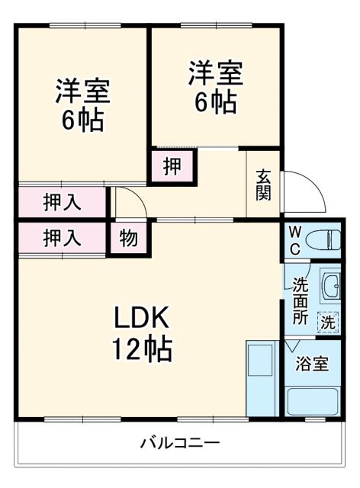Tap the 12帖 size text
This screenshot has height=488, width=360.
(x=143, y=349)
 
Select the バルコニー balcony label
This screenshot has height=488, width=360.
(x=180, y=442)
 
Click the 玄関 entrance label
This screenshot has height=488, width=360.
(x=263, y=184)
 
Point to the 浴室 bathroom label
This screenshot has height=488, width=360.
(x=313, y=364)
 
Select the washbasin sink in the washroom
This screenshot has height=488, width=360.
(x=331, y=287)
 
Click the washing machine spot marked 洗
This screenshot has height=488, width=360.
(x=328, y=323)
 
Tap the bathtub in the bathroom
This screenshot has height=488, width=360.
(x=312, y=402)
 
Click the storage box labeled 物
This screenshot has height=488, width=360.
(x=129, y=239)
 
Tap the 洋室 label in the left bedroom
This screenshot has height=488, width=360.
(x=82, y=91)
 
